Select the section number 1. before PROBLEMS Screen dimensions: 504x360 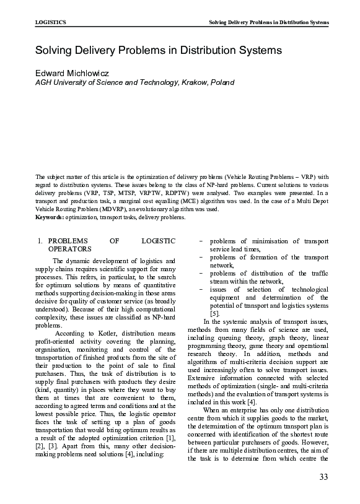click(39, 240)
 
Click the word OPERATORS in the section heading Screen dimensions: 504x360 click(69, 248)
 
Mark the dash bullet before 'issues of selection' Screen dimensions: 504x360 click(201, 289)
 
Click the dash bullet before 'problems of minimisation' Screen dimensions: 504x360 click(201, 240)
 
